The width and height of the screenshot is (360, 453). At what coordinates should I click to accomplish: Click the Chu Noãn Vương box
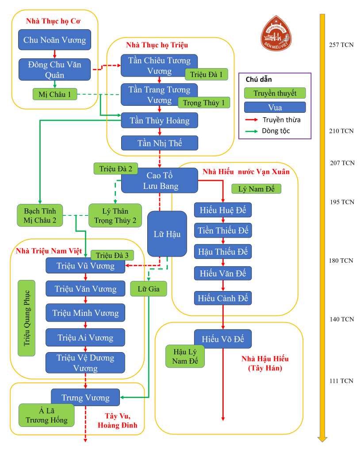[54, 40]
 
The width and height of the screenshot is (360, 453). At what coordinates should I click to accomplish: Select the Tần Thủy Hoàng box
[159, 120]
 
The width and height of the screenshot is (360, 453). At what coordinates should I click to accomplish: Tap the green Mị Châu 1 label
[55, 94]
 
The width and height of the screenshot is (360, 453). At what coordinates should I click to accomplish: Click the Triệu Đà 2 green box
[115, 169]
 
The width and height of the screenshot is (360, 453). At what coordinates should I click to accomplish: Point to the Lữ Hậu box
[167, 234]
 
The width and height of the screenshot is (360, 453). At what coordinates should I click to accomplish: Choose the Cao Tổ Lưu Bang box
[159, 180]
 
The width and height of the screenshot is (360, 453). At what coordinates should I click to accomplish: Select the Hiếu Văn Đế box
[223, 273]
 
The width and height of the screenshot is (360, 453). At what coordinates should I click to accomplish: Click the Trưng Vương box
[85, 397]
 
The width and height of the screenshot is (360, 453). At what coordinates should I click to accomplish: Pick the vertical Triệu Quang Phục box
[27, 318]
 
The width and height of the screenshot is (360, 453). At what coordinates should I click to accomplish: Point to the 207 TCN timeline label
[342, 163]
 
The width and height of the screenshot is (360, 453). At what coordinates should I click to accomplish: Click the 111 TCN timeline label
[342, 381]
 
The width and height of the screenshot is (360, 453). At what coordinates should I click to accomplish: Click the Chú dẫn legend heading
[259, 80]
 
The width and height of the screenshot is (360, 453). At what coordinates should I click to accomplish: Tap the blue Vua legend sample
[275, 107]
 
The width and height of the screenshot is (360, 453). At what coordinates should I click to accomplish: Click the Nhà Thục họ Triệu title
[157, 45]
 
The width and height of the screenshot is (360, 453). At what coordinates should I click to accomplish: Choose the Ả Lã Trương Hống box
[46, 415]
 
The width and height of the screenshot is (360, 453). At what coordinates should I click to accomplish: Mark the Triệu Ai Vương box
[85, 338]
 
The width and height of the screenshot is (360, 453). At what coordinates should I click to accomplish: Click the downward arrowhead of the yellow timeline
[322, 439]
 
